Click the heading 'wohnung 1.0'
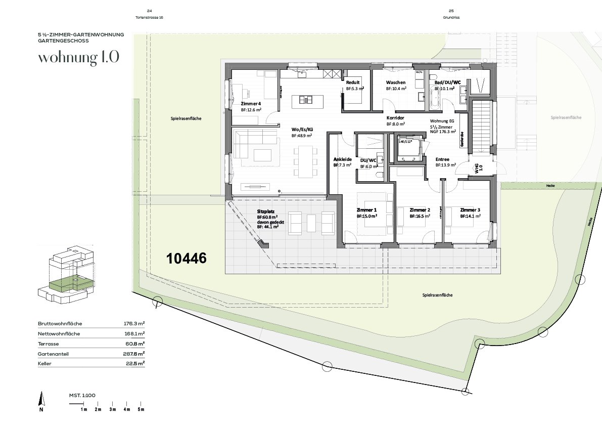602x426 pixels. point(79,57)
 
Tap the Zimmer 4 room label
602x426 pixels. point(251,103)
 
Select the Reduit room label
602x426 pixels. point(353,82)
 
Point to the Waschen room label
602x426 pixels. point(396,82)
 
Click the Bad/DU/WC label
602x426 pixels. point(447,82)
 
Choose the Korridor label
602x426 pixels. point(395,117)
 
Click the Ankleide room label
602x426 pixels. point(342,159)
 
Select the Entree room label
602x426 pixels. point(442,159)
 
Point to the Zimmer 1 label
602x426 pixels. point(366,209)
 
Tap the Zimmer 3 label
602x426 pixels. point(470,209)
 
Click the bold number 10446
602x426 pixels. point(187,259)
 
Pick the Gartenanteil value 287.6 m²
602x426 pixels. point(134,354)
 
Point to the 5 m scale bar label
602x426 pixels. point(142,409)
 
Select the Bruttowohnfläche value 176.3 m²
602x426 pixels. point(134,323)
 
